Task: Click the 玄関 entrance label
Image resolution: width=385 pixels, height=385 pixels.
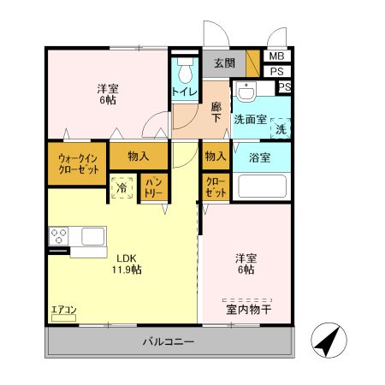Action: pyautogui.click(x=224, y=62)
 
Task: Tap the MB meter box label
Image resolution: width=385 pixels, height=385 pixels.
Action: pyautogui.click(x=275, y=56)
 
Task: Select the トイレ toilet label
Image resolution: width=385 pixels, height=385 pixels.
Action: pyautogui.click(x=184, y=92)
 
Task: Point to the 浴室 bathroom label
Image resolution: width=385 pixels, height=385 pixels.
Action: pyautogui.click(x=260, y=157)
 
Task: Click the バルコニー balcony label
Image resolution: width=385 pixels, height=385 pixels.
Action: pyautogui.click(x=168, y=342)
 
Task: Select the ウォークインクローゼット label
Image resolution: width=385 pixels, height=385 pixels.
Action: pyautogui.click(x=77, y=163)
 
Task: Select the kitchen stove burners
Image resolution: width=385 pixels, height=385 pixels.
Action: pyautogui.click(x=60, y=234)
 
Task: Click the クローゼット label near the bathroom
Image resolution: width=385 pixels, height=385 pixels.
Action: pyautogui.click(x=216, y=188)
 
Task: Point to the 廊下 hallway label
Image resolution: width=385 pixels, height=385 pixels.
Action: pyautogui.click(x=216, y=113)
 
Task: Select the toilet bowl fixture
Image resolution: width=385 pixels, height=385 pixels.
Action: pyautogui.click(x=183, y=68)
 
